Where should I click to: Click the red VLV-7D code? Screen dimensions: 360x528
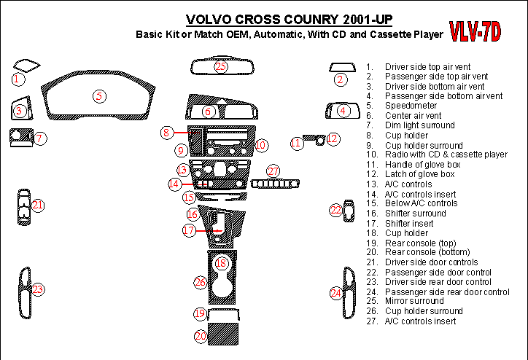click(474, 31)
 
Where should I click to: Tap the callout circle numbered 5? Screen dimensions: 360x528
click(99, 95)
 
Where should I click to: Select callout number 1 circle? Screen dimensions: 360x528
click(18, 78)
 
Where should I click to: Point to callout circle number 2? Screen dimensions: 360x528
click(340, 79)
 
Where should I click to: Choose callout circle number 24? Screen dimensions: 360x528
click(335, 293)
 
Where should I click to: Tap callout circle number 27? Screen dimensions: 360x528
click(273, 171)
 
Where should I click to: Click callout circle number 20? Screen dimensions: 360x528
click(200, 336)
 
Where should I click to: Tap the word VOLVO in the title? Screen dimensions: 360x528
click(210, 20)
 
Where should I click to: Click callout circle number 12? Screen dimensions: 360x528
click(333, 138)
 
